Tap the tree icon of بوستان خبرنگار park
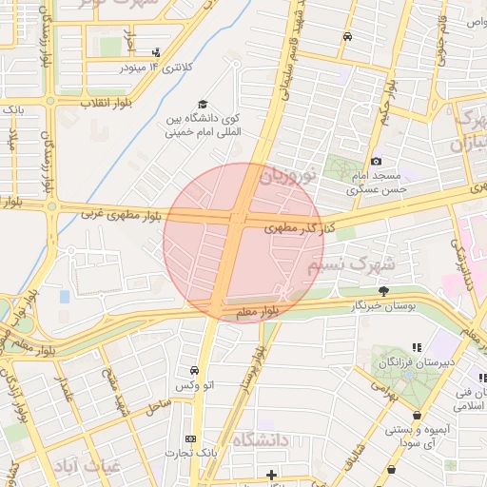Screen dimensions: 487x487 click(x=384, y=291)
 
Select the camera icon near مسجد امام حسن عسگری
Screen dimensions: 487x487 click(x=377, y=162)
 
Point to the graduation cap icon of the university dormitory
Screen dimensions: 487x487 click(x=202, y=105)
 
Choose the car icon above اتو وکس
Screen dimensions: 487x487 click(x=194, y=370)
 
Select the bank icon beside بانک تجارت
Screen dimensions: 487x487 click(x=190, y=438)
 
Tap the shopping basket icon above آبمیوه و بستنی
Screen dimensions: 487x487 click(x=418, y=415)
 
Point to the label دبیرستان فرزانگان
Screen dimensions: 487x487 click(x=413, y=364)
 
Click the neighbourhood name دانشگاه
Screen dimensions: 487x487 click(x=260, y=439)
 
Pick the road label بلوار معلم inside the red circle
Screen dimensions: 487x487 click(x=259, y=310)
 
